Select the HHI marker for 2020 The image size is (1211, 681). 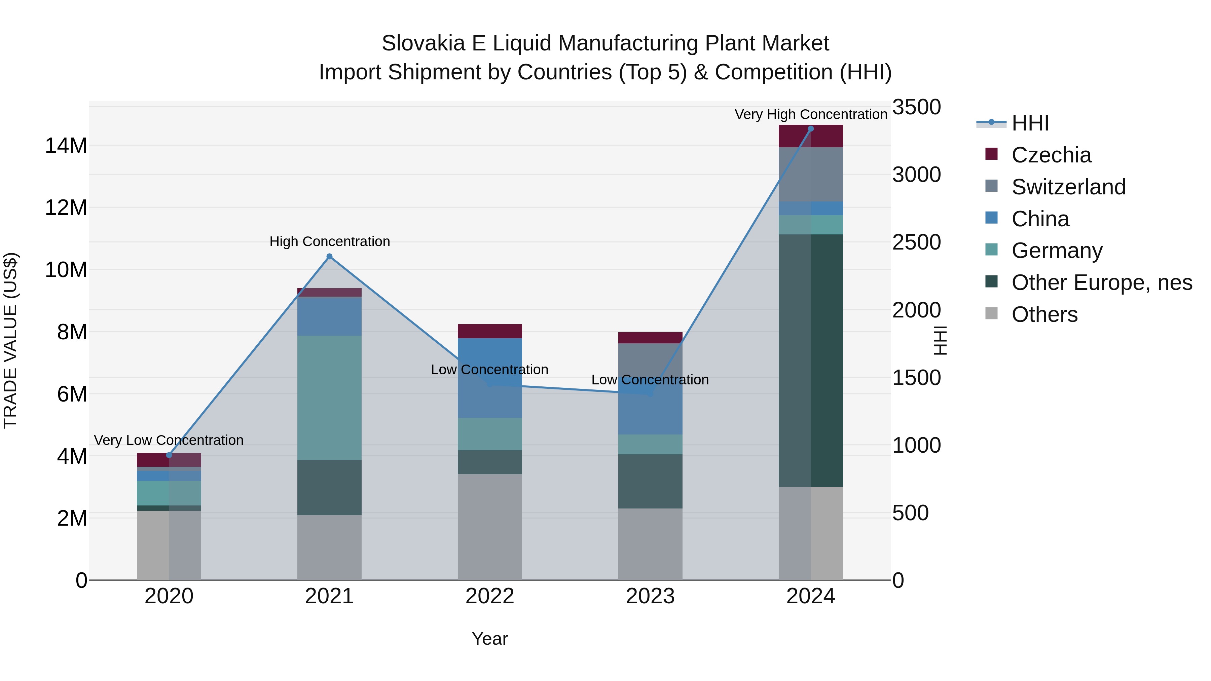[x=169, y=455]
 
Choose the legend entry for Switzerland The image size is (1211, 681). [x=1068, y=187]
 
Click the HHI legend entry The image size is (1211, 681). [x=1030, y=123]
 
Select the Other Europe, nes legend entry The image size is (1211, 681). [x=1101, y=282]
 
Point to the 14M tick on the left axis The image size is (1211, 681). [x=66, y=146]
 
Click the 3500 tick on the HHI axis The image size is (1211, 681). [x=916, y=107]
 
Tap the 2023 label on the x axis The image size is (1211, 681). [x=650, y=596]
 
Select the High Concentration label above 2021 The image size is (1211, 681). [x=330, y=241]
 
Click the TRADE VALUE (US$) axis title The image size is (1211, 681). [x=10, y=340]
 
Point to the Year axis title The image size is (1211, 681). [x=489, y=639]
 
